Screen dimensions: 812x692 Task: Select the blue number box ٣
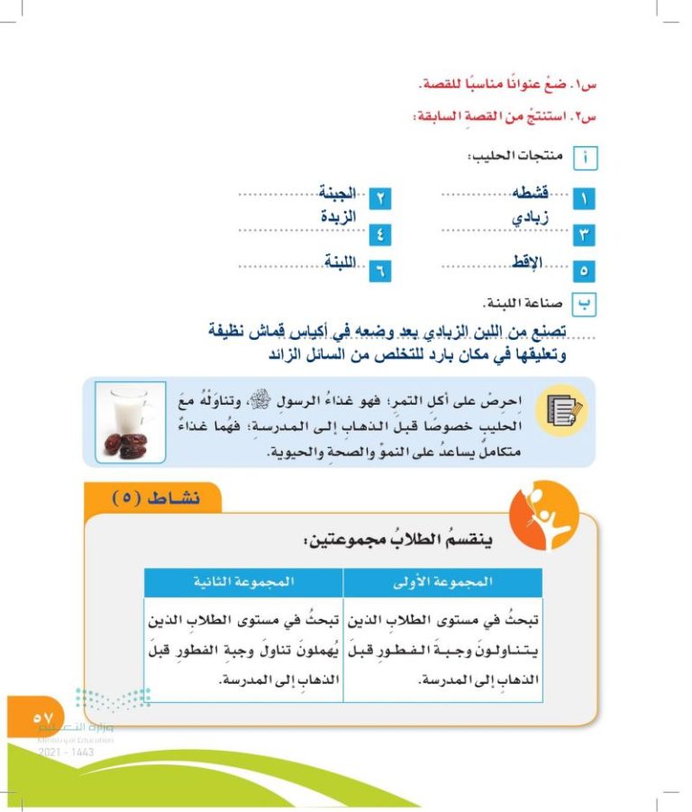(583, 236)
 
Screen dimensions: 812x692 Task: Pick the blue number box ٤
(381, 236)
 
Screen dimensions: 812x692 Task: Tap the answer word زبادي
(530, 217)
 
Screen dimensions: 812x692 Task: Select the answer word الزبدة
(339, 217)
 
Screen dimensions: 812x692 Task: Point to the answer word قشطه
(531, 191)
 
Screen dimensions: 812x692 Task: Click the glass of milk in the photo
(127, 410)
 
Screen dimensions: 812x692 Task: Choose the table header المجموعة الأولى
(444, 582)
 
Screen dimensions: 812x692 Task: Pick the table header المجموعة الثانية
(243, 582)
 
